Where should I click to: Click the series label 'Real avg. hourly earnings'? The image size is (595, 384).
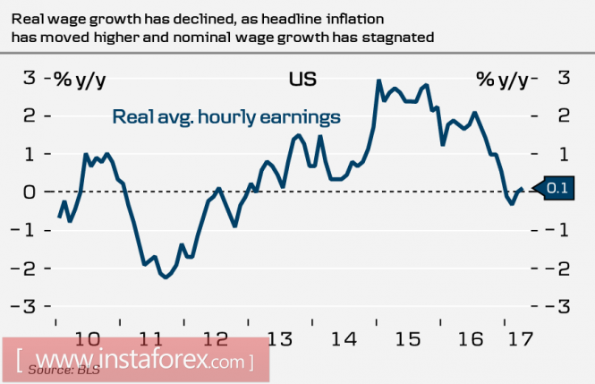[225, 116]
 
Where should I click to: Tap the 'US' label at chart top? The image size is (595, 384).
[302, 80]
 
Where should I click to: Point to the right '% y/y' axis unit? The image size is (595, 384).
[501, 80]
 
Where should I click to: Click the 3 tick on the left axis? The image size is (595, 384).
[29, 79]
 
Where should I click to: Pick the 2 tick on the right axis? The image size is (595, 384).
[564, 116]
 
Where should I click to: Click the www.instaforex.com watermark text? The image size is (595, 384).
[134, 362]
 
